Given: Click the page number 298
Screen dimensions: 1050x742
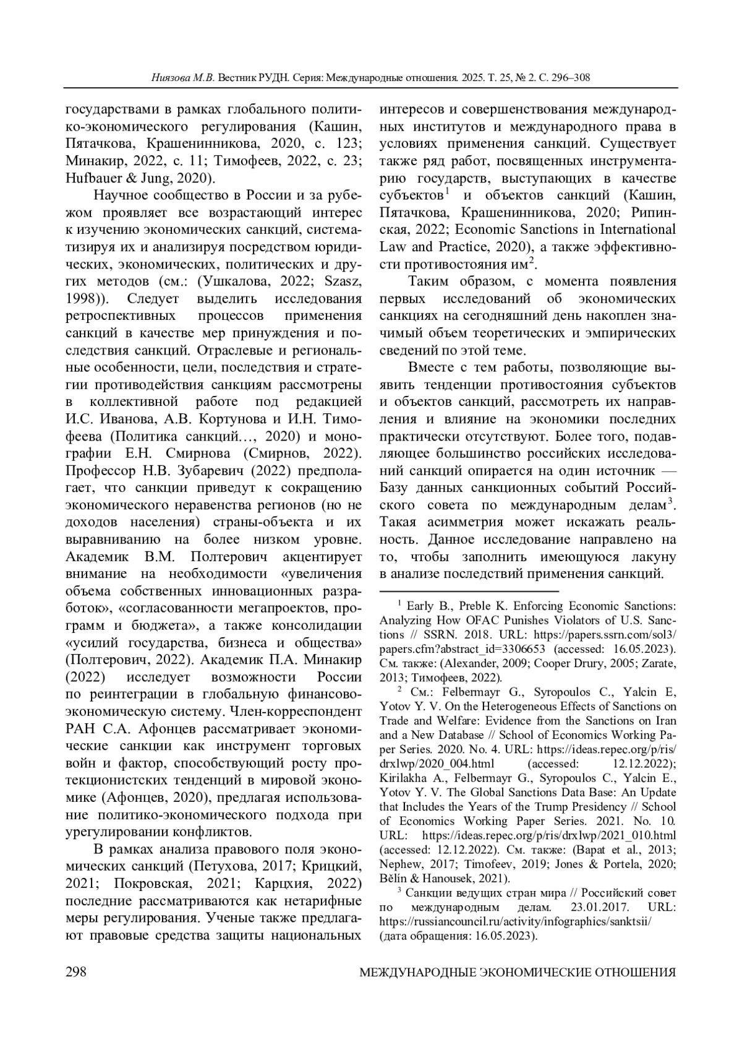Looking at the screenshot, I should [x=75, y=972].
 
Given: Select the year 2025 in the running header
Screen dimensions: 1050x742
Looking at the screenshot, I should [x=469, y=79].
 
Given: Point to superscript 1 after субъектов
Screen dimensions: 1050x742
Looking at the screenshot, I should [x=446, y=191].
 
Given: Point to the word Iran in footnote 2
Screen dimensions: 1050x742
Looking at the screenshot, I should [x=665, y=721].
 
